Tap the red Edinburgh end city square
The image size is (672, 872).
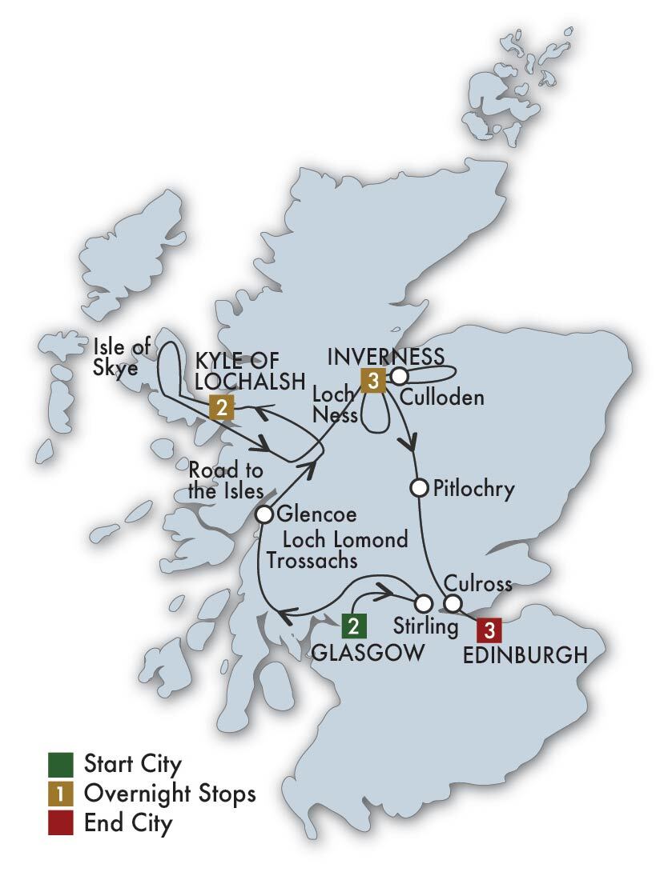click(x=489, y=630)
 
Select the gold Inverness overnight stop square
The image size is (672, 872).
click(x=372, y=380)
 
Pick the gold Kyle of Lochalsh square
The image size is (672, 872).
click(x=221, y=407)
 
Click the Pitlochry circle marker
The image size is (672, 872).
click(x=418, y=486)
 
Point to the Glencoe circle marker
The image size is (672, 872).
click(x=264, y=514)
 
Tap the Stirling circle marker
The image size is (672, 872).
click(x=422, y=602)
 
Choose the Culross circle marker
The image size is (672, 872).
click(x=453, y=602)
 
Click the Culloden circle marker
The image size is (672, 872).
click(x=399, y=374)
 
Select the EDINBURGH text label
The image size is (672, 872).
click(x=525, y=656)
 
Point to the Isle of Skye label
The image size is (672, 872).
click(x=121, y=358)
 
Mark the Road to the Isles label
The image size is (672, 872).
click(x=225, y=480)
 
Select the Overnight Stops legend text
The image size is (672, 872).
click(x=170, y=793)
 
